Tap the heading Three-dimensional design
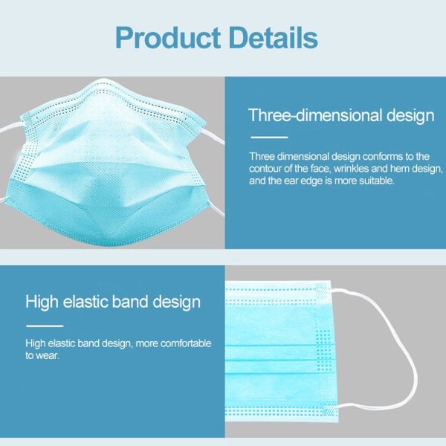click(341, 115)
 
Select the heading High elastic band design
click(113, 302)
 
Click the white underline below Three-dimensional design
click(268, 138)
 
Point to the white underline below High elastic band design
click(45, 326)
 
